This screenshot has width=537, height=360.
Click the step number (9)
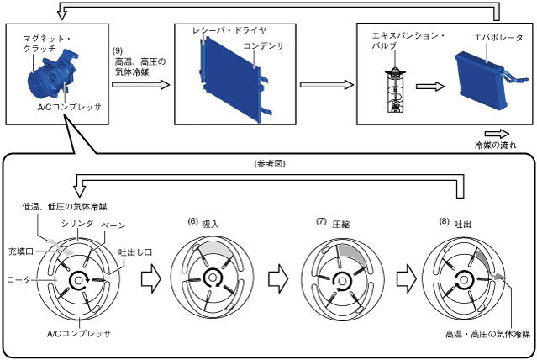(118, 50)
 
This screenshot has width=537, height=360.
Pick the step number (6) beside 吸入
(192, 221)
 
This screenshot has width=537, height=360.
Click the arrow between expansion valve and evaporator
(429, 87)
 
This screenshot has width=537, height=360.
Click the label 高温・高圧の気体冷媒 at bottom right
(487, 334)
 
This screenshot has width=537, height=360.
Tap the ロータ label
(18, 278)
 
